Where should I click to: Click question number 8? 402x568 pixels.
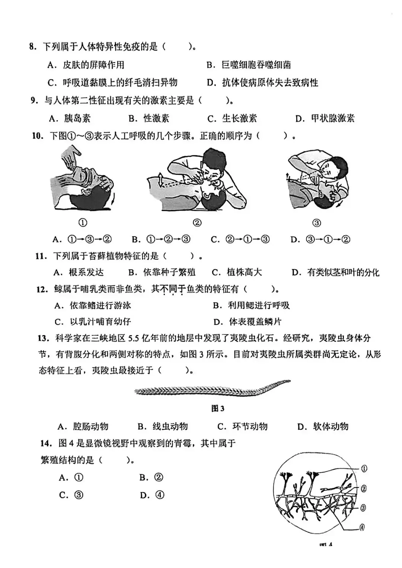tap(33, 47)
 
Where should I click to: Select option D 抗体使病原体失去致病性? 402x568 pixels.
tap(262, 83)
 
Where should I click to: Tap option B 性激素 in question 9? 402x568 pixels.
tap(149, 118)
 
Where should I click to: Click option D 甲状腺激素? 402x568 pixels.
tap(325, 118)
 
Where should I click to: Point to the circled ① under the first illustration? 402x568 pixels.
tap(83, 222)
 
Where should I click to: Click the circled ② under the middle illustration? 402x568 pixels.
tap(197, 222)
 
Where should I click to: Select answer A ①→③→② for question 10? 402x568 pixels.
tap(82, 239)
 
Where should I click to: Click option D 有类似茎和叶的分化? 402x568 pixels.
tap(335, 273)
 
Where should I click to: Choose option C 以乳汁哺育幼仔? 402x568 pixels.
tap(93, 322)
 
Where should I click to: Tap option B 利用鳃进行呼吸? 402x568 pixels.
tap(251, 305)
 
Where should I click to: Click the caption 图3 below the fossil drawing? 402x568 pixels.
tap(218, 408)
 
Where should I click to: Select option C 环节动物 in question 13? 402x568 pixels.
tap(242, 426)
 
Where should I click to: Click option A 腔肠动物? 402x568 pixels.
tap(83, 426)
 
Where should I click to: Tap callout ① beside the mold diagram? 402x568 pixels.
tap(364, 469)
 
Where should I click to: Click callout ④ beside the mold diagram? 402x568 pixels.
tap(361, 527)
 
